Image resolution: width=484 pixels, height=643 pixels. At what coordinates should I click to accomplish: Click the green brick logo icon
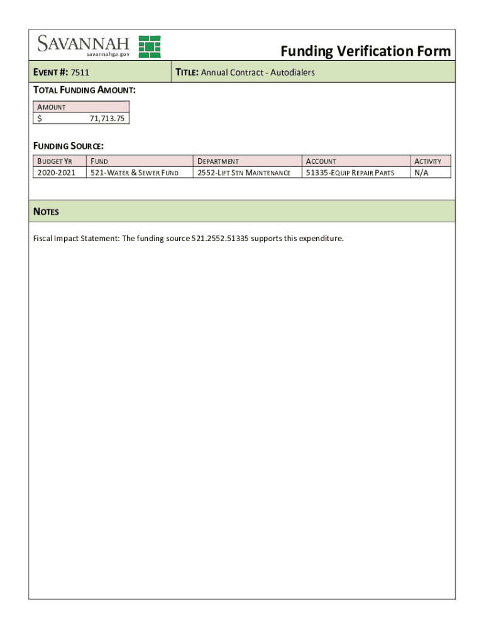coord(150,47)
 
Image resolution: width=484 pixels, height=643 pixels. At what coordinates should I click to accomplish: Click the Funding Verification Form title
coord(365,51)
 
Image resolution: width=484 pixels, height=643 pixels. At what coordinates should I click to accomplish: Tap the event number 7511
coord(80,73)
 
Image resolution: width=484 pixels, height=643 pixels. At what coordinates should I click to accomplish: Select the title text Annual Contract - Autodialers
coord(258,73)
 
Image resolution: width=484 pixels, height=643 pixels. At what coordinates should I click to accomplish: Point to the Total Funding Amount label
coord(84,90)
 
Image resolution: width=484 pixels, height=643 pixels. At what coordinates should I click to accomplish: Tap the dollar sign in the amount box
coord(40,118)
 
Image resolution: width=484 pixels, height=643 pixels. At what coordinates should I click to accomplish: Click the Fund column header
coord(99,161)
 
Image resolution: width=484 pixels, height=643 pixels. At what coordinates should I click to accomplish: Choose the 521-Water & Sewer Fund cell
coord(135,173)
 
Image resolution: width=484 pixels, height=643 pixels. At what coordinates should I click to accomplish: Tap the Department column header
coord(218,161)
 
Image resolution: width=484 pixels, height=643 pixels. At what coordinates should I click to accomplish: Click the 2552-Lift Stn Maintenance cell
coord(244,173)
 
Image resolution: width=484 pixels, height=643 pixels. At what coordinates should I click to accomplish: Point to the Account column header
coord(321,161)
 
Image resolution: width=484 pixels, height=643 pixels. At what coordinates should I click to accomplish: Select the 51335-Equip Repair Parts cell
coord(350,173)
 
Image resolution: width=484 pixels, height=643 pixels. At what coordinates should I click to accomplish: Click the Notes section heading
coord(46,212)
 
